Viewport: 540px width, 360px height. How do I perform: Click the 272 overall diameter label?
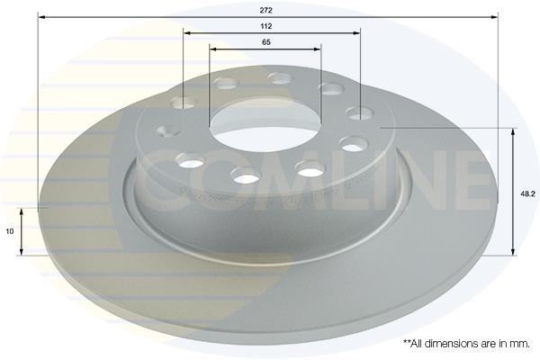265,10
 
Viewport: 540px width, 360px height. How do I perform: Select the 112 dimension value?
266,26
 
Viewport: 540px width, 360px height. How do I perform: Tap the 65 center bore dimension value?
266,42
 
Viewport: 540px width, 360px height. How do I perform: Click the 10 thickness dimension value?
10,231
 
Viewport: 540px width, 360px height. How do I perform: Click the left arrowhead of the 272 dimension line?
42,17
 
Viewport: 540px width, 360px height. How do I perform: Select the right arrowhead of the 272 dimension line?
494,17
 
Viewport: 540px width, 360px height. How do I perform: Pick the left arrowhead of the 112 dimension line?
187,33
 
